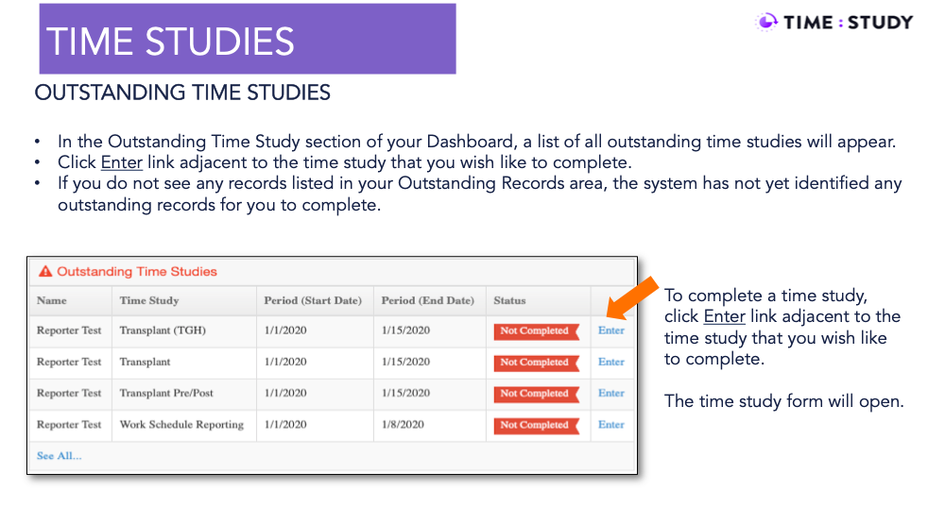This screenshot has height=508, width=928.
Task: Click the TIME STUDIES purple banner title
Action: pyautogui.click(x=170, y=42)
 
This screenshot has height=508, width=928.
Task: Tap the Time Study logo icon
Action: pyautogui.click(x=766, y=22)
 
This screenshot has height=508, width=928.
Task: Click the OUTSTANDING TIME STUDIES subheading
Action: pyautogui.click(x=182, y=93)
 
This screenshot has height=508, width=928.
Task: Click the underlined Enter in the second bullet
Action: pyautogui.click(x=121, y=162)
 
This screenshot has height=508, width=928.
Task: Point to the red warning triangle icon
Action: pyautogui.click(x=45, y=271)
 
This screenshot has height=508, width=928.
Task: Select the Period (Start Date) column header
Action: pyautogui.click(x=313, y=300)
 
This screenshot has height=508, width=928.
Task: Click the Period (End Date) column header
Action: pyautogui.click(x=428, y=300)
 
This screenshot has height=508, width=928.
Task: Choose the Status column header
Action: pyautogui.click(x=509, y=300)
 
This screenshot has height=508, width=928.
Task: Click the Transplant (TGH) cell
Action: pyautogui.click(x=163, y=330)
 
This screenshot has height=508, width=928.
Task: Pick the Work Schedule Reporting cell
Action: pyautogui.click(x=181, y=425)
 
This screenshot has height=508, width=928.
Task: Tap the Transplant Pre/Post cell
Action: pyautogui.click(x=166, y=393)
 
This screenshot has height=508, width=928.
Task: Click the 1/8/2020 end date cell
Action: pyautogui.click(x=403, y=425)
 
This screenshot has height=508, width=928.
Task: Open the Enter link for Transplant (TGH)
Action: pyautogui.click(x=611, y=330)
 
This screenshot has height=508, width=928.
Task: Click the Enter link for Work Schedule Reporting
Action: pyautogui.click(x=611, y=425)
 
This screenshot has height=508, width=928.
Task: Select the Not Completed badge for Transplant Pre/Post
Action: pyautogui.click(x=536, y=394)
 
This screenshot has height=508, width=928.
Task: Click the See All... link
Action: pyautogui.click(x=60, y=456)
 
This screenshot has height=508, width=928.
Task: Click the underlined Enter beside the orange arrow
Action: pyautogui.click(x=725, y=316)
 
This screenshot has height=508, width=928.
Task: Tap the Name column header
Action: pyautogui.click(x=51, y=300)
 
